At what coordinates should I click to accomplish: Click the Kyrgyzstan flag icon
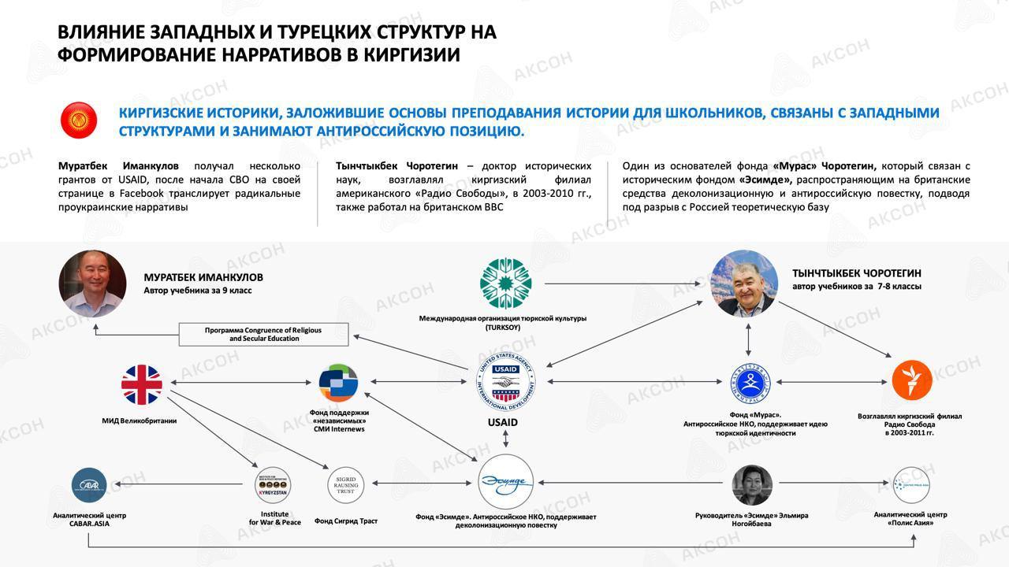point(79,120)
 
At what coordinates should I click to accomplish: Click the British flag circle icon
point(142,384)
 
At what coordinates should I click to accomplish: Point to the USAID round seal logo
point(505,383)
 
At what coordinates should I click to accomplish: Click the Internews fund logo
point(338,384)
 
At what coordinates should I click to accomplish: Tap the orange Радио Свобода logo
point(912,380)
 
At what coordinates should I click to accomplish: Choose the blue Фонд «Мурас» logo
point(750,384)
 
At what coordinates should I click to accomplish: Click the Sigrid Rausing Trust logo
point(346,485)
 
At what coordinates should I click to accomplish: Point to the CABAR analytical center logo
point(89,486)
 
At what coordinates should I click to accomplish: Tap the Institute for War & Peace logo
point(274,485)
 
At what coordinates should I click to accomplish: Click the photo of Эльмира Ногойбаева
point(751,484)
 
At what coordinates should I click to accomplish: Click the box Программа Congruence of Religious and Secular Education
point(263,334)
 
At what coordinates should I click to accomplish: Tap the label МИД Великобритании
point(140,421)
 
